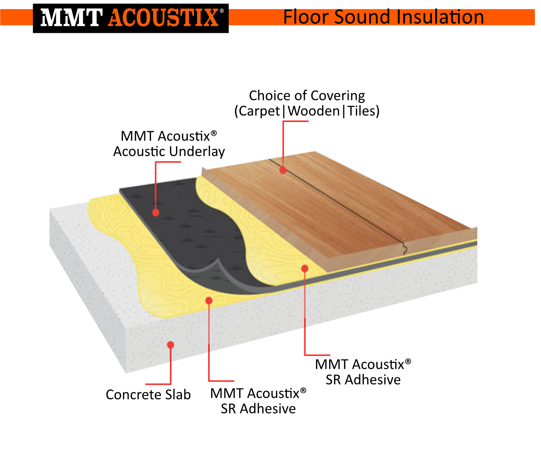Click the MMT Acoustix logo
click(x=131, y=18)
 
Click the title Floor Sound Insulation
click(x=383, y=17)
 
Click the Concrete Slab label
click(x=148, y=394)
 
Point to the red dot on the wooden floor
click(x=283, y=170)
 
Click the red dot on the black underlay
click(x=156, y=212)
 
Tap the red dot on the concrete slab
click(x=171, y=345)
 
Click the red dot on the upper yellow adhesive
click(x=305, y=268)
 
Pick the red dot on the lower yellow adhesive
click(x=209, y=301)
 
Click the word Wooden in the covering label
click(x=313, y=111)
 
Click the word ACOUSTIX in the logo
click(x=163, y=18)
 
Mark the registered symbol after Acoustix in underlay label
click(x=214, y=133)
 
